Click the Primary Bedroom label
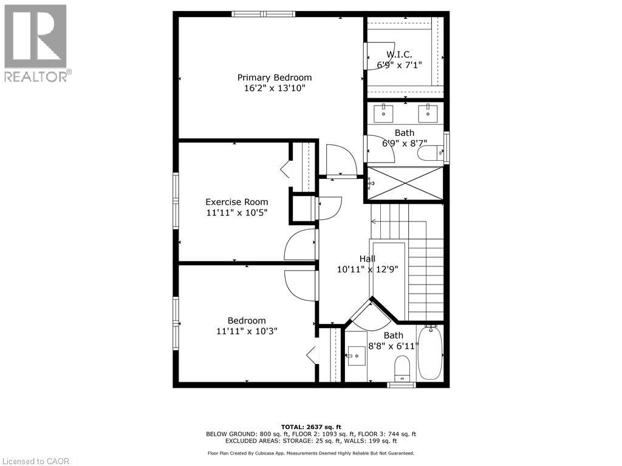tap(274, 78)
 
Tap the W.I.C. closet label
tap(399, 54)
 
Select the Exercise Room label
tap(236, 202)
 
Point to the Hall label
tap(367, 258)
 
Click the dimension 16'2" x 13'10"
tap(274, 89)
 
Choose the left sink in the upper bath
tap(384, 112)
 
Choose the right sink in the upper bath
tap(429, 112)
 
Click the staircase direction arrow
tap(373, 221)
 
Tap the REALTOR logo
tap(36, 42)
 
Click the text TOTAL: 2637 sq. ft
tap(310, 427)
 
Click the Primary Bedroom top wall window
tap(263, 14)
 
